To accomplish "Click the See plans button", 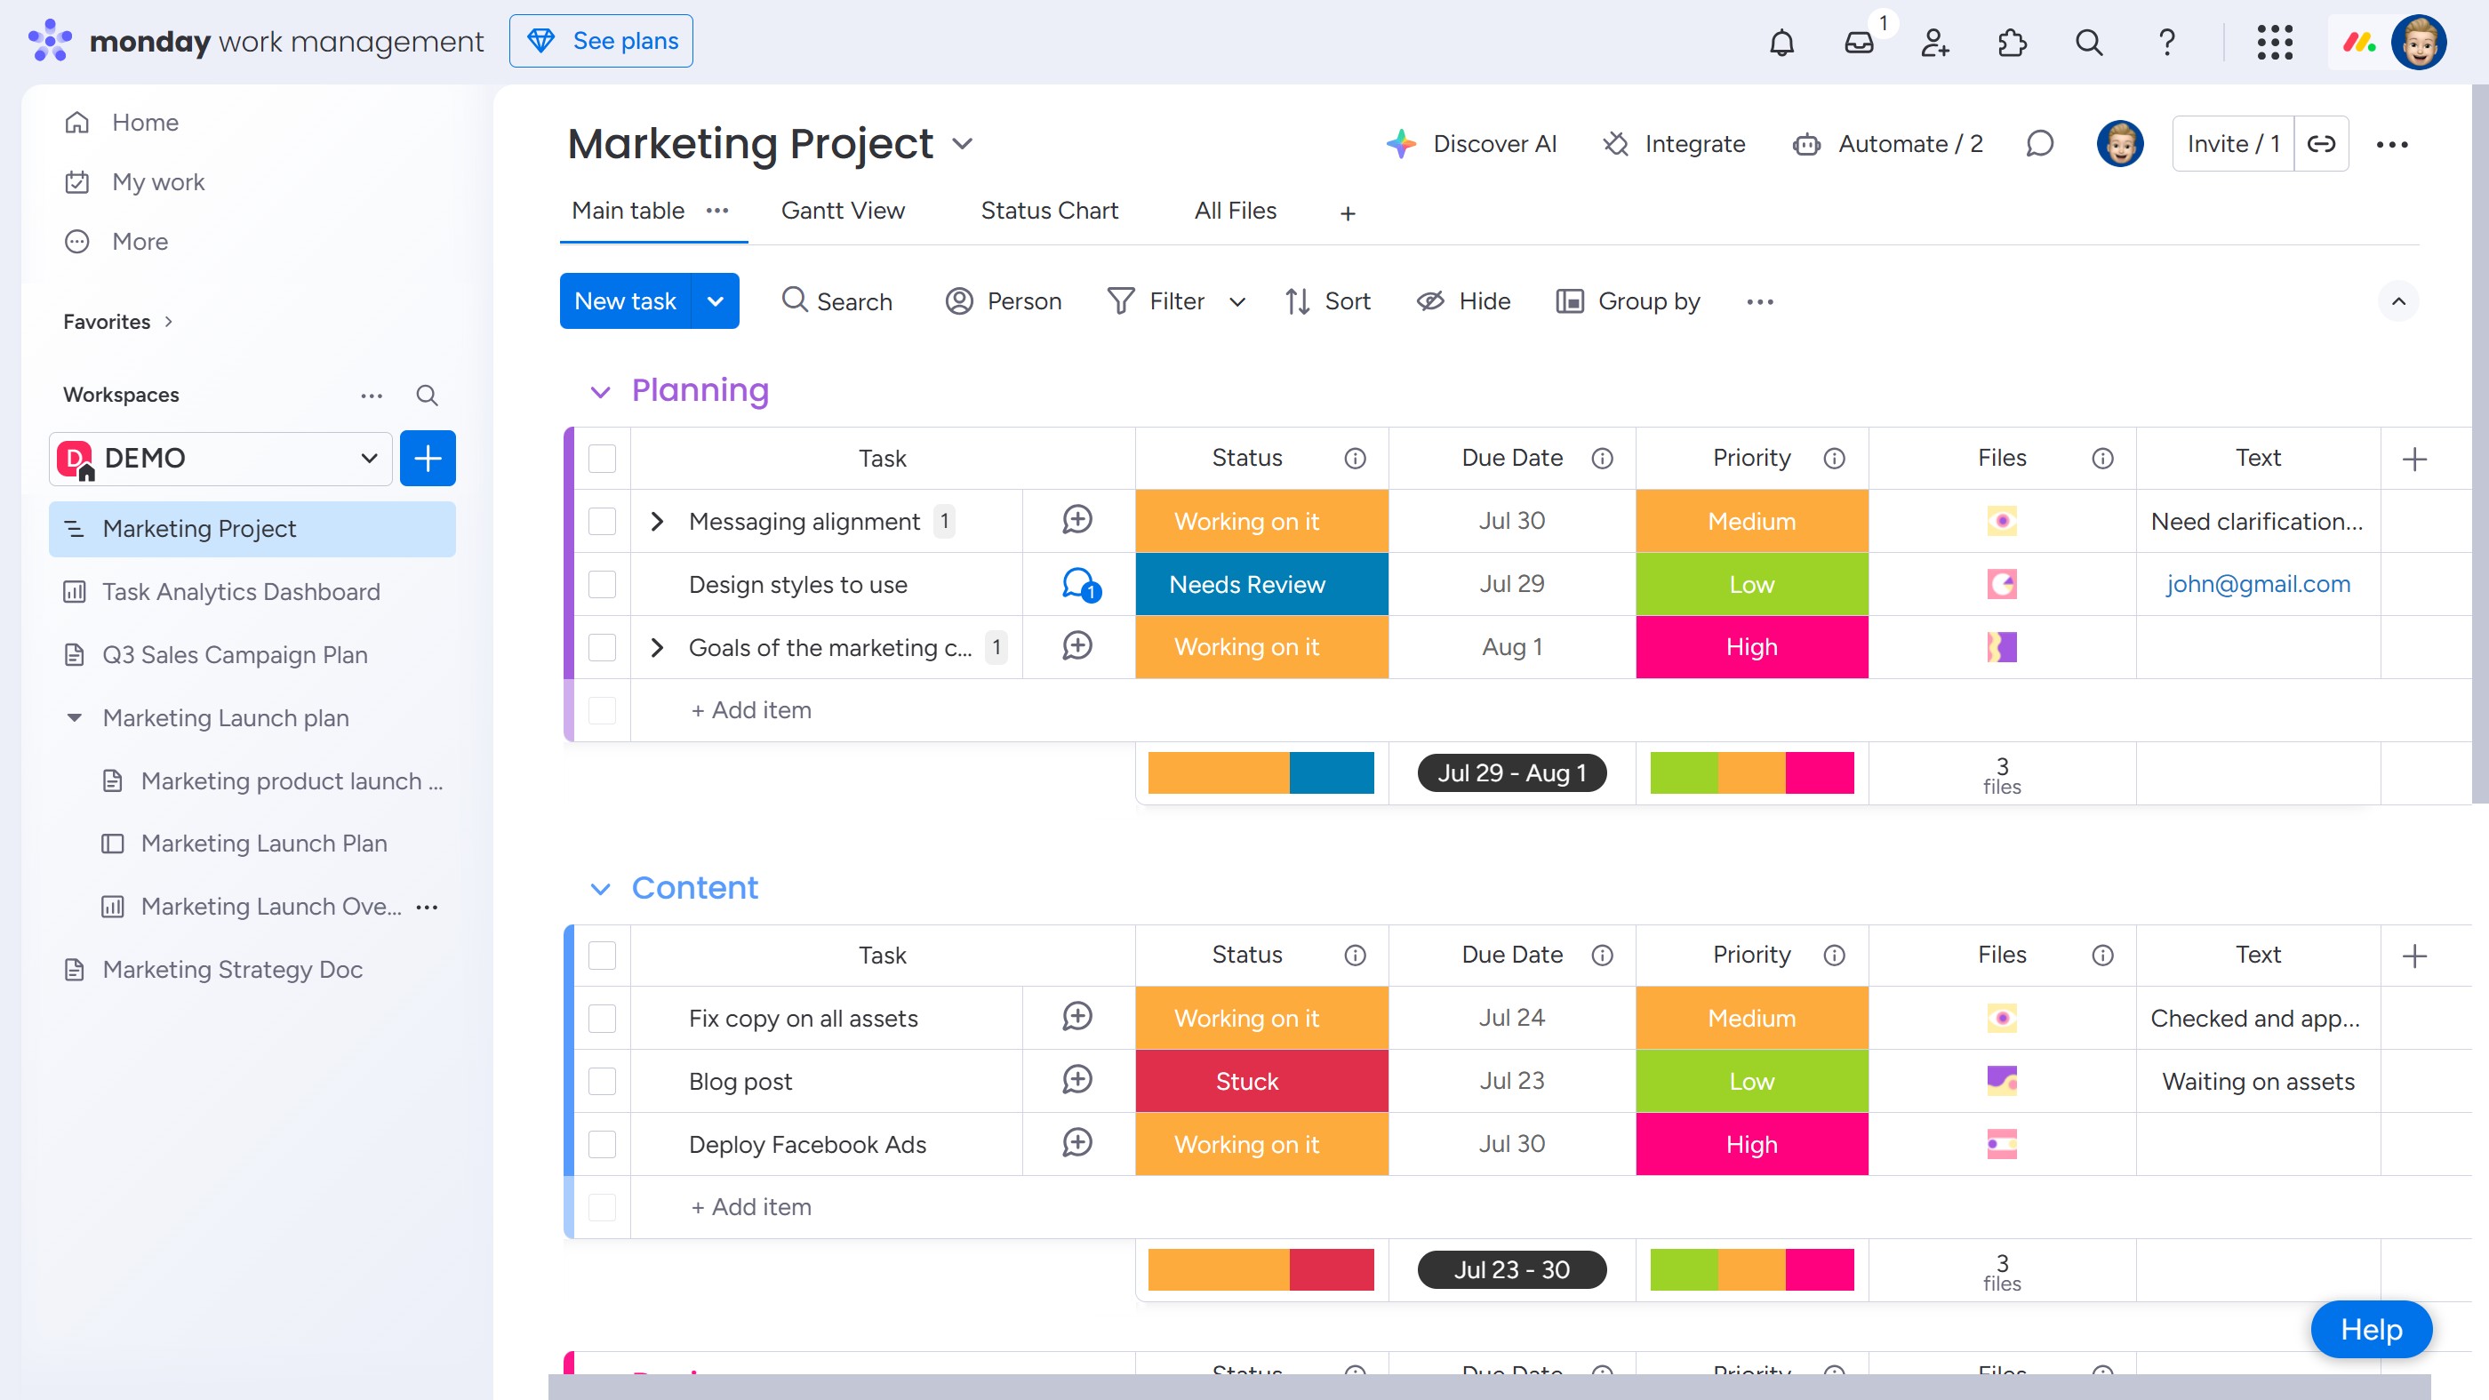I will pos(600,42).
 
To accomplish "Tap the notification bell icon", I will pos(1781,43).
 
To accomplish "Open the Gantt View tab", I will pos(842,211).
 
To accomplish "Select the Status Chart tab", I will pos(1048,211).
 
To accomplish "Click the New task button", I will pos(624,301).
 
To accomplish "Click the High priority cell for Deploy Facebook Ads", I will pos(1751,1144).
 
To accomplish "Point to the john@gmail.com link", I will pos(2257,585).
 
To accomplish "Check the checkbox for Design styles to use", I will pos(602,585).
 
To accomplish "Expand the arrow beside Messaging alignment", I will pos(657,522).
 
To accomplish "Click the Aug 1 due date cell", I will pos(1511,647).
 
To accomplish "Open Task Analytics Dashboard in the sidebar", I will pos(241,591).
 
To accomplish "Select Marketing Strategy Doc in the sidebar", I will pos(232,969).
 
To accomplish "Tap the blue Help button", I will pos(2370,1330).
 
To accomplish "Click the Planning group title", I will pos(700,390).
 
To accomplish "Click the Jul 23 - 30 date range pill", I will pos(1511,1269).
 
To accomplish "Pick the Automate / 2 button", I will pos(1888,144).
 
